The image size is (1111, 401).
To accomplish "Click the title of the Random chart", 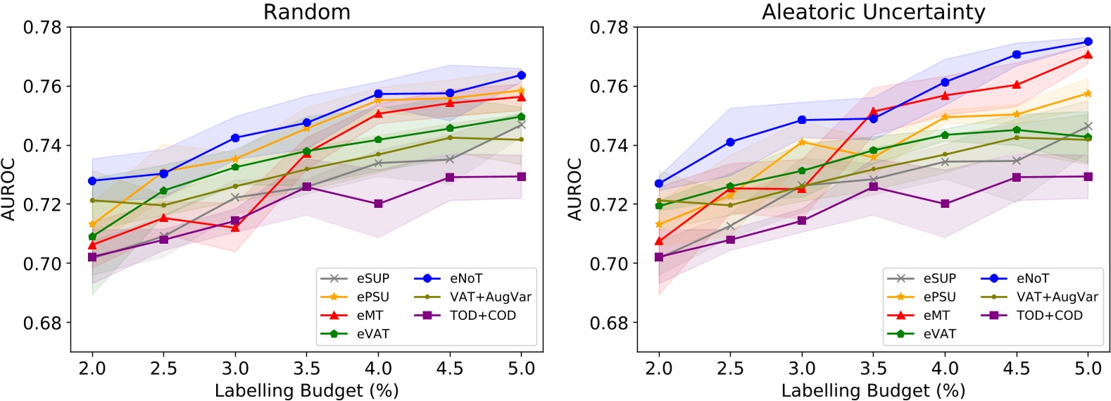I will coord(306,12).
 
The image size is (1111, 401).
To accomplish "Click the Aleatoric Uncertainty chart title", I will coord(873,12).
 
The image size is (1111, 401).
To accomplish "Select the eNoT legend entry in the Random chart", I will coord(466,278).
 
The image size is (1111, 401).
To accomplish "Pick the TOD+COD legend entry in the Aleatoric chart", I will coord(1049,315).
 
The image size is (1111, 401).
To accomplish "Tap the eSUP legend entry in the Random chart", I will coord(372,278).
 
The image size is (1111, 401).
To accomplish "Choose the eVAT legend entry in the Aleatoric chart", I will coord(939,333).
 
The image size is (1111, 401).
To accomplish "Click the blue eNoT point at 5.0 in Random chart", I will coord(521,75).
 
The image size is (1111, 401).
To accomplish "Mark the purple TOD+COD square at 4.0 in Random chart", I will coord(378,204).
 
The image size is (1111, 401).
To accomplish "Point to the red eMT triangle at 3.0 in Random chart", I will coord(235,228).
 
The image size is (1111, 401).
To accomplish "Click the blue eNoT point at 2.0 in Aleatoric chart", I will coord(659,183).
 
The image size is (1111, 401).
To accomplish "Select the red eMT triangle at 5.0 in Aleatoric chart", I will coord(1088,54).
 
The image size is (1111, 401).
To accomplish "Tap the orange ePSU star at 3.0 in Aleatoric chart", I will coord(802,142).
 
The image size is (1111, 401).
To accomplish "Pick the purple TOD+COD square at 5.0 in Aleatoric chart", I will coord(1088,176).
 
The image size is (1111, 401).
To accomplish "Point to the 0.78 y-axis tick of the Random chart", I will coord(42,27).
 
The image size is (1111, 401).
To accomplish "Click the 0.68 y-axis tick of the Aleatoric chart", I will coord(609,323).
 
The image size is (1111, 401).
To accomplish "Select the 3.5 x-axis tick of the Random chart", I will coord(307,368).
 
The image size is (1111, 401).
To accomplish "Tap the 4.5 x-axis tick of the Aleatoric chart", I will coord(1016,368).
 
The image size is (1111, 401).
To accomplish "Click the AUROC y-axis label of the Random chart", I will coord(8,189).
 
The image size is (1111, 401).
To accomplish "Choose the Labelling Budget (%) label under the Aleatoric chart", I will coord(873,390).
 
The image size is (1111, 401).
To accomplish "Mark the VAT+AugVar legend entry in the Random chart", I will coord(491,297).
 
